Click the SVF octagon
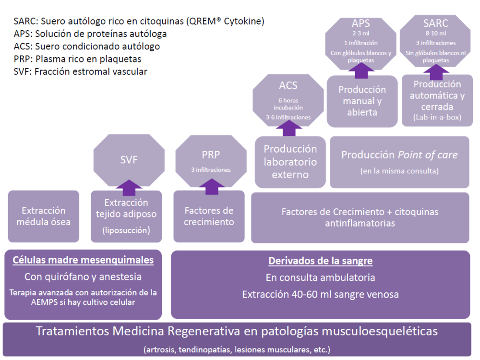coord(129,160)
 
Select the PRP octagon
coord(211,161)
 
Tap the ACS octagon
coord(288,100)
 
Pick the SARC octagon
coord(435,41)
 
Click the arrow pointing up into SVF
coord(129,188)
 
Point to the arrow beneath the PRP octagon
coord(212,187)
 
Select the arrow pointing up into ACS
coord(288,128)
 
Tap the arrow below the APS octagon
coord(361,71)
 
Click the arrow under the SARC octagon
coord(436,72)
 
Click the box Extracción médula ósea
coord(44,216)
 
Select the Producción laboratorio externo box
coord(290,162)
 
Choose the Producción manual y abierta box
coord(362,101)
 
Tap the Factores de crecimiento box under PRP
coord(209,216)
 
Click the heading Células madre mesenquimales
coord(83,260)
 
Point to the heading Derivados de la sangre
coord(321,261)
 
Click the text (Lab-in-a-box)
coord(437,117)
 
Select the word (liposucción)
coord(126,230)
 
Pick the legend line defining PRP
coord(77,59)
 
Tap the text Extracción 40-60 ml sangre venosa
coord(321,295)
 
